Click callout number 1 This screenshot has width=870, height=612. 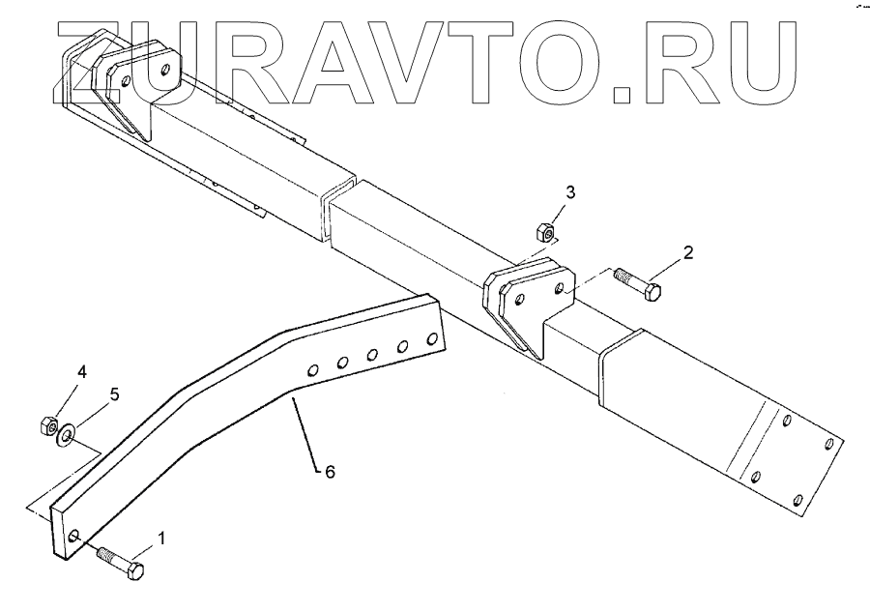point(161,539)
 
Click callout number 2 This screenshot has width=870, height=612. point(688,253)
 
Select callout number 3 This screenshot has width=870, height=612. point(570,192)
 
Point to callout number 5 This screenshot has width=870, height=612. point(113,394)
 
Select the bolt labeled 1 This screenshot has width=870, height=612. point(120,563)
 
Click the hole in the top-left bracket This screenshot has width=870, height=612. point(167,71)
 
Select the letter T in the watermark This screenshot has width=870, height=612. point(473,60)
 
